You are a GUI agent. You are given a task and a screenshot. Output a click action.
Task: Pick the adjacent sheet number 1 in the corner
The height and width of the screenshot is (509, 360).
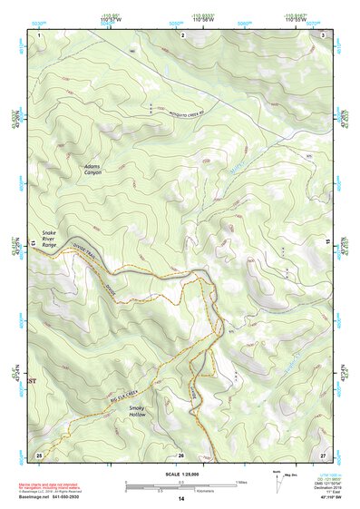tap(40, 34)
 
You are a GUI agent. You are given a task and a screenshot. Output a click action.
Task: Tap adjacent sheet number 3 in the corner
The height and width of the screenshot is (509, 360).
tap(324, 34)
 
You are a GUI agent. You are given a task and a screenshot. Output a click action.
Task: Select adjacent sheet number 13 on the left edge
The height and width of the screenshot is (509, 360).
tap(34, 244)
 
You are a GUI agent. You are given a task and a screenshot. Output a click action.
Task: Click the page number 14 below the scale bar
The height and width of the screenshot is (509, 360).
tap(181, 499)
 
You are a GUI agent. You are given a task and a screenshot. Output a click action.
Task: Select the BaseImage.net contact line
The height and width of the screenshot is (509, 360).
tap(68, 495)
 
